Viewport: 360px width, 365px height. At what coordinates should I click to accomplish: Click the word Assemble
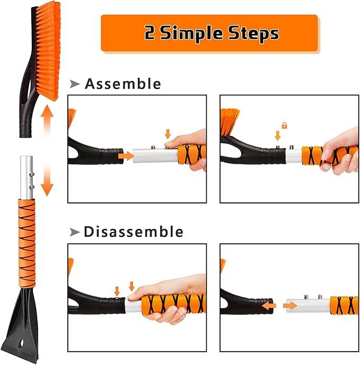[x=122, y=84]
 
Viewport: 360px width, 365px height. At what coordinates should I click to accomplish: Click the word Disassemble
[x=134, y=232]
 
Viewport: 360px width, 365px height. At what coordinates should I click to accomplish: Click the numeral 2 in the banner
[x=150, y=34]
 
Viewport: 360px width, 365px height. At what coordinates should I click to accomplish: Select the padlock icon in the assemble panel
[x=284, y=126]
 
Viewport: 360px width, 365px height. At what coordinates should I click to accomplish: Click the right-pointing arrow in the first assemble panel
[x=125, y=156]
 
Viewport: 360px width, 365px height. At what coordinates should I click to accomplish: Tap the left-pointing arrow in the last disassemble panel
[x=270, y=306]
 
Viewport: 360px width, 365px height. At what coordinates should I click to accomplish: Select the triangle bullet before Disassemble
[x=75, y=232]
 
